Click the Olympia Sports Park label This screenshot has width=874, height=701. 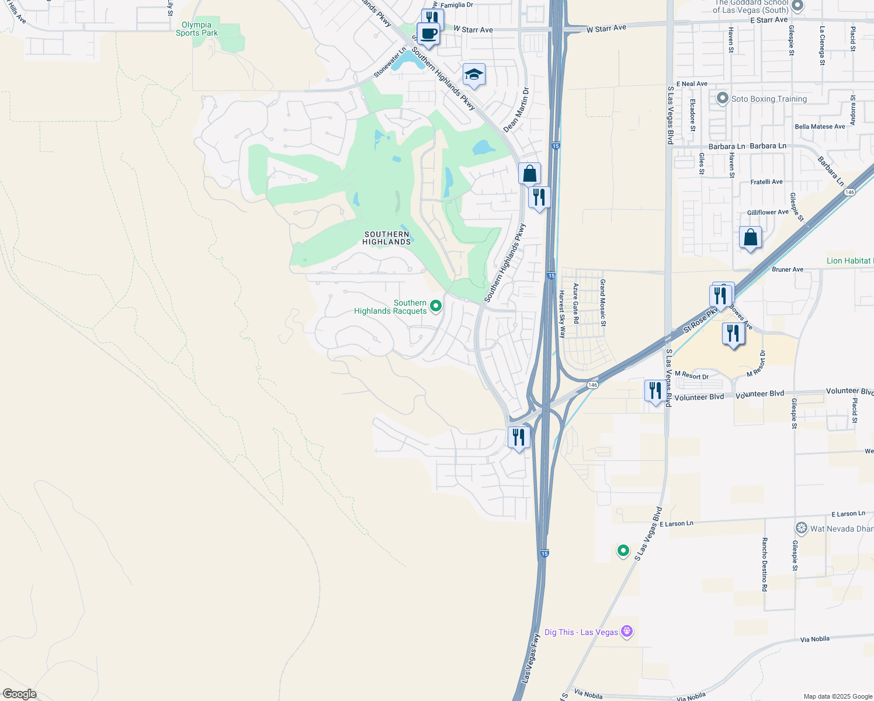tap(197, 29)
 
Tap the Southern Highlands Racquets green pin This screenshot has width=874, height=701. tap(436, 306)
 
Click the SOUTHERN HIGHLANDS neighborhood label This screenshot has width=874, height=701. tap(387, 238)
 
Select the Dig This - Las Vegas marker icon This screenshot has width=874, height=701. tap(627, 631)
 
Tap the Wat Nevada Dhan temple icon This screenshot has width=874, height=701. tap(802, 528)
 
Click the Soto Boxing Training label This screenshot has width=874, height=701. tap(769, 99)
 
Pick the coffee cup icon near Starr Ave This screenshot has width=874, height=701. tap(428, 34)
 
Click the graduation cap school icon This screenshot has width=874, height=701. tap(474, 75)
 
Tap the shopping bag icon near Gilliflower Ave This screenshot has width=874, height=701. tap(750, 238)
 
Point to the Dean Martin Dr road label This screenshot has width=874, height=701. tap(515, 110)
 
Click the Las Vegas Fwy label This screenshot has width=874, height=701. tap(530, 658)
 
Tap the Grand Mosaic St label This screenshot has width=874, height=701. tap(603, 303)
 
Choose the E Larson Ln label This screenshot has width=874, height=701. tap(676, 524)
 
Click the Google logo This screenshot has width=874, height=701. tap(19, 694)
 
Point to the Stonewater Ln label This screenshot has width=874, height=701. tap(390, 63)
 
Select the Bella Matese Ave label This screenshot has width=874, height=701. tap(820, 127)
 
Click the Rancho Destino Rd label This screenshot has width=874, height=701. tap(764, 564)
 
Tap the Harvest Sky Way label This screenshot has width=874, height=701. tap(562, 314)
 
